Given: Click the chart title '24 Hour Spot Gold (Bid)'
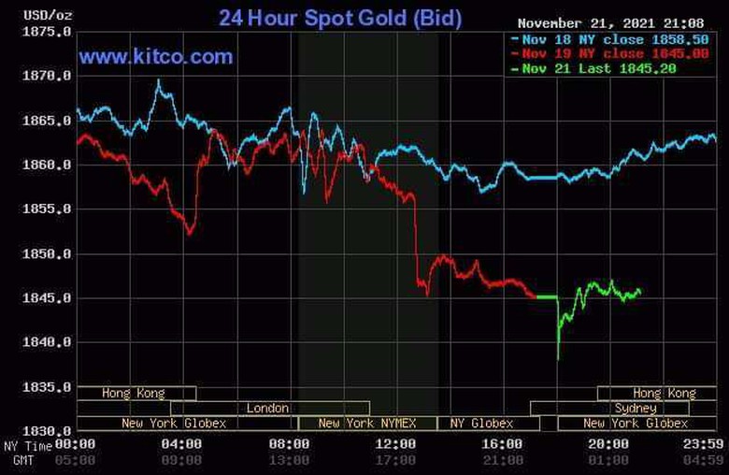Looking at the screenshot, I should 339,18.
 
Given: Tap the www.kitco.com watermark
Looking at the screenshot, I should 156,57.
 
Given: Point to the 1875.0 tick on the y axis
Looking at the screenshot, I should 47,32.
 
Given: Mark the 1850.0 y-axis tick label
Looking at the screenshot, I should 47,254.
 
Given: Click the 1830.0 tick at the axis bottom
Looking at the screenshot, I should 47,431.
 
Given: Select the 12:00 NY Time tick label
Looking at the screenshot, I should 397,445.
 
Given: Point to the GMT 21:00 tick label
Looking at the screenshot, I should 504,459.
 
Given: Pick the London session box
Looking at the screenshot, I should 268,409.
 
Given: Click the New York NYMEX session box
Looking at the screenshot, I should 369,424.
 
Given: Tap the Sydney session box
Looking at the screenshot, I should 636,409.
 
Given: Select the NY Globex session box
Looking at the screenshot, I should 482,424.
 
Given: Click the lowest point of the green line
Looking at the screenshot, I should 558,359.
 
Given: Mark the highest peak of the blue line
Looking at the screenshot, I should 158,81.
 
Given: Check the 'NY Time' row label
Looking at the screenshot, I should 25,445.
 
